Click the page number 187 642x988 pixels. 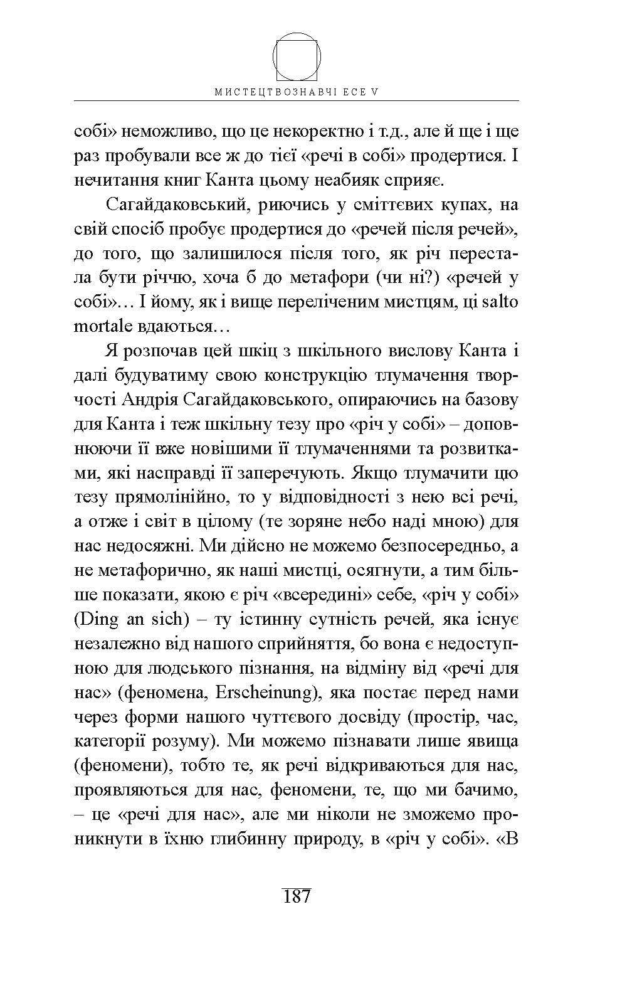pyautogui.click(x=297, y=896)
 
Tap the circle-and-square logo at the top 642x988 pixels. pyautogui.click(x=297, y=56)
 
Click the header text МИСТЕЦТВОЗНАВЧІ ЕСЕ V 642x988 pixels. pyautogui.click(x=297, y=92)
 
